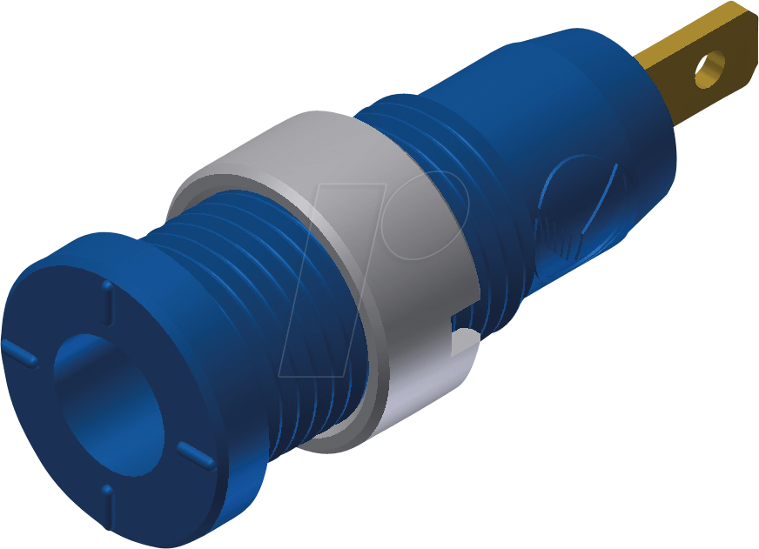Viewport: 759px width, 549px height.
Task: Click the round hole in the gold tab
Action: point(711,68)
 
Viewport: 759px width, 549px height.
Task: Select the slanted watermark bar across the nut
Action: point(331,287)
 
